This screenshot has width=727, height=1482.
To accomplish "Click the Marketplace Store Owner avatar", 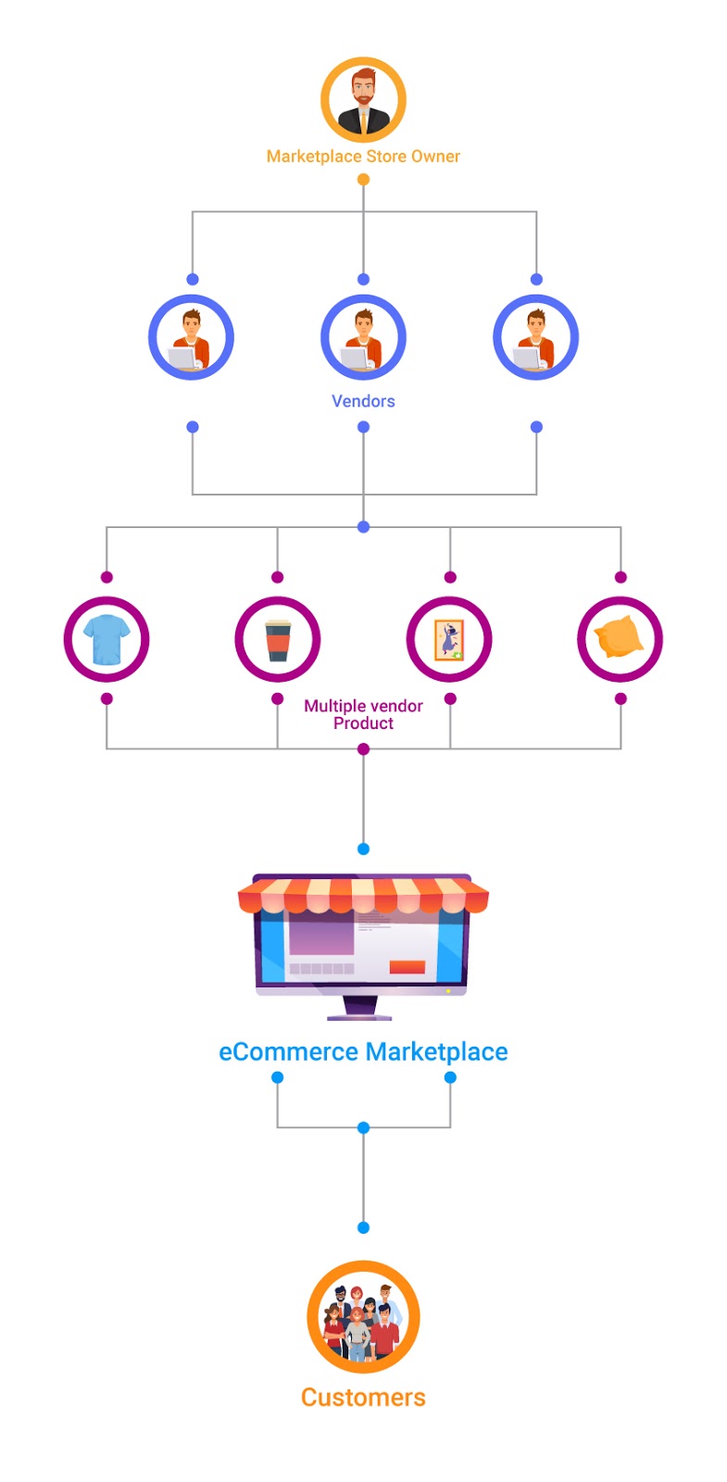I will click(x=363, y=100).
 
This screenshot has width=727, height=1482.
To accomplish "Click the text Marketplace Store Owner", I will click(x=363, y=157).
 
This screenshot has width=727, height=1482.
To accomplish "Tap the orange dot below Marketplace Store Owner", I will click(x=363, y=180).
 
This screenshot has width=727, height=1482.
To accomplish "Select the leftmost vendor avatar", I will click(x=192, y=338).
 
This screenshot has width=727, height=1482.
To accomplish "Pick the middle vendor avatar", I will click(x=363, y=338).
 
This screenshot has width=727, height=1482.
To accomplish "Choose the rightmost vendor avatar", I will click(x=536, y=338).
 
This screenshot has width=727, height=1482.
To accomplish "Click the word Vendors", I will click(x=363, y=401).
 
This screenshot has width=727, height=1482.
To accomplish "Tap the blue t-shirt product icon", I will click(x=107, y=639).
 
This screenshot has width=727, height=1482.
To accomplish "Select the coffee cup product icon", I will click(x=278, y=639).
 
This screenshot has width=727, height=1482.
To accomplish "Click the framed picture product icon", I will click(x=449, y=639).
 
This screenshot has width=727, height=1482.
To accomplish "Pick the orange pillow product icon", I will click(x=620, y=639).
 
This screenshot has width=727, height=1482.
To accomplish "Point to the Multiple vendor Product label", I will click(x=363, y=714).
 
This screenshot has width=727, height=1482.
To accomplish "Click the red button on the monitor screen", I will click(x=407, y=967).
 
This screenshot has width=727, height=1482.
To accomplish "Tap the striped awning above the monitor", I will click(x=363, y=895).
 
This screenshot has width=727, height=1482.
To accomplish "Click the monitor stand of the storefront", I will click(x=360, y=1008).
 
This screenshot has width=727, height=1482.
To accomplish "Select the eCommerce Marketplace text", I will click(x=363, y=1052).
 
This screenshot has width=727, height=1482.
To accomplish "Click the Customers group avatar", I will click(x=363, y=1317).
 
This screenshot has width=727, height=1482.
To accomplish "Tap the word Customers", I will click(x=363, y=1398).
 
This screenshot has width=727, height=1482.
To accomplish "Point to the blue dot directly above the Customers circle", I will click(x=363, y=1228).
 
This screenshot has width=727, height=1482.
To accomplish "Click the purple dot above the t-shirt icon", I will click(x=107, y=577).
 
